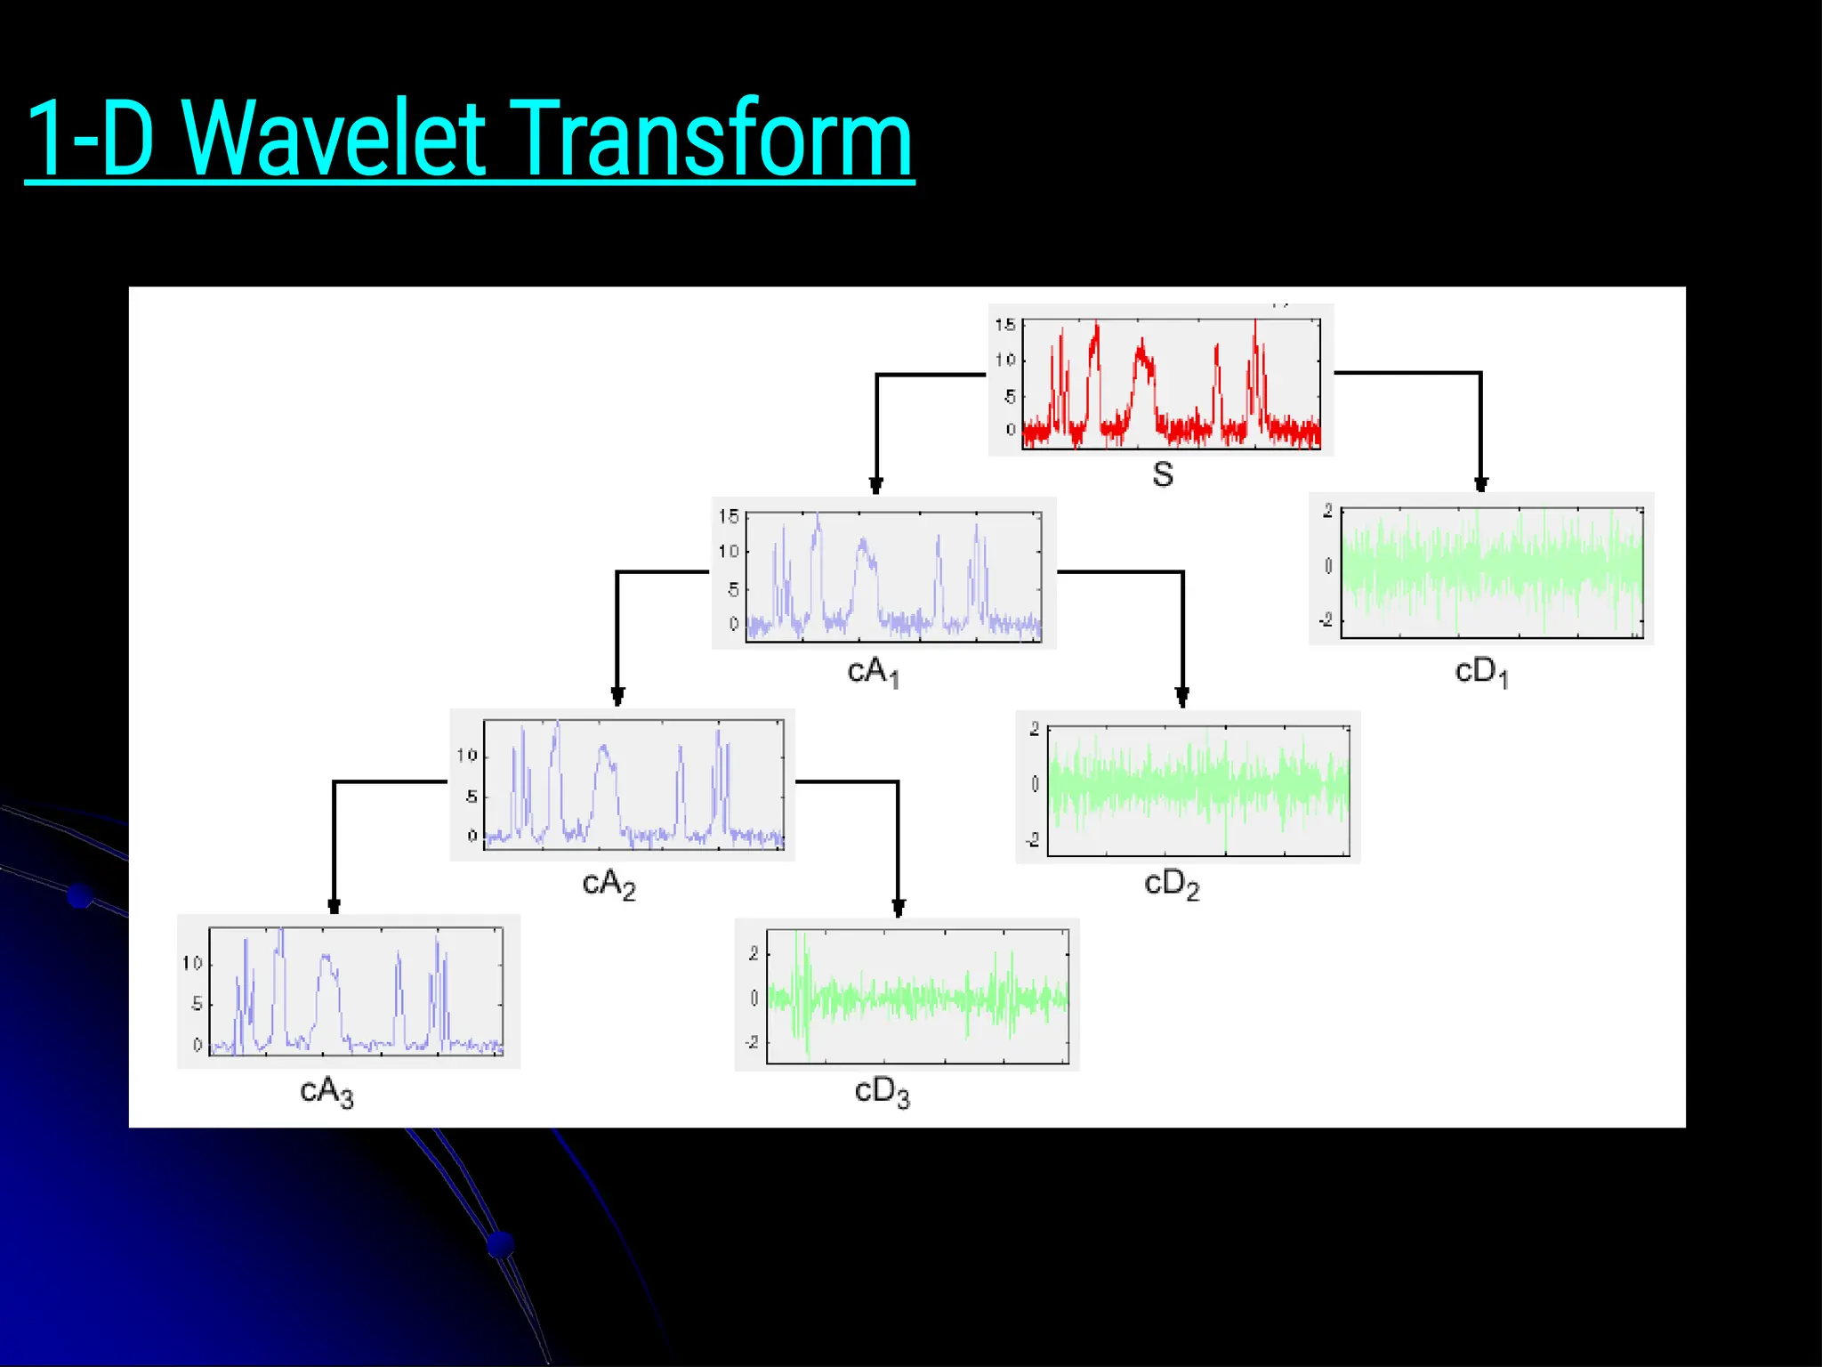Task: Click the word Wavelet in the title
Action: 338,140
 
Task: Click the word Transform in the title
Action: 712,140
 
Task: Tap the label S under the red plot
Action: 1162,474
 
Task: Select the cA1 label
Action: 873,672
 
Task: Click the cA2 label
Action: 609,884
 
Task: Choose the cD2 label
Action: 1172,884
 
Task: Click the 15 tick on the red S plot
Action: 1004,325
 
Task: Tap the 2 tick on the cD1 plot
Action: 1327,511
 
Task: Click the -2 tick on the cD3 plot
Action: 753,1041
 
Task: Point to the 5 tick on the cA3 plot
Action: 197,1004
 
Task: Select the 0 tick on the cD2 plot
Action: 1035,784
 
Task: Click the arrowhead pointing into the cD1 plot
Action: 1480,484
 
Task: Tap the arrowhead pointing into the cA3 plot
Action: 334,907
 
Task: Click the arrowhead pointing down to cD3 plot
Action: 899,909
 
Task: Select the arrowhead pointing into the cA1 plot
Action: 876,486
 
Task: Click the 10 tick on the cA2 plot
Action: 467,756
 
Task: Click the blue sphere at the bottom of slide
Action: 501,1243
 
